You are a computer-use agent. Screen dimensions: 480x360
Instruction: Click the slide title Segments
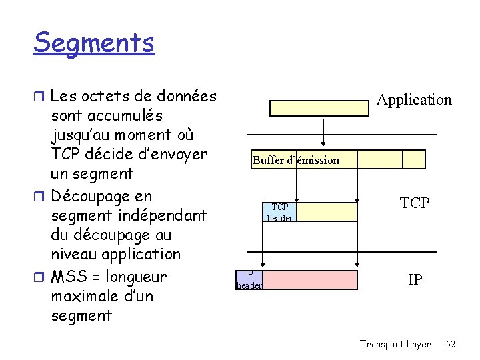coord(94,43)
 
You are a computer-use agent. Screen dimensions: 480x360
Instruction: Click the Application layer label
coord(414,100)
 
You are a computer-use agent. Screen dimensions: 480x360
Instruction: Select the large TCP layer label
coord(415,203)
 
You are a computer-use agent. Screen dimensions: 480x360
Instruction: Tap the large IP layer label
coord(415,280)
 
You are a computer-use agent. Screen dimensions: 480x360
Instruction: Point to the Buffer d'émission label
coord(295,160)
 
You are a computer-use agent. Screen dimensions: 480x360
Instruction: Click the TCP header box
coord(279,212)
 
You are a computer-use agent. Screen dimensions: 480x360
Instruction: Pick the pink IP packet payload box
coord(310,280)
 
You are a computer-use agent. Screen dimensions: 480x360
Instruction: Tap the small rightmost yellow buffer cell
coord(414,159)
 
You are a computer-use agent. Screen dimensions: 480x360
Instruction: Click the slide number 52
coord(451,344)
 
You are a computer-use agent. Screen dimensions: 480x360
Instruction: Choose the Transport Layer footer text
coord(395,344)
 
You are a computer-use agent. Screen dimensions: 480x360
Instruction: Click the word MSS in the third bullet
coord(67,277)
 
